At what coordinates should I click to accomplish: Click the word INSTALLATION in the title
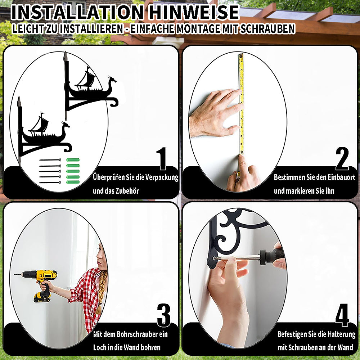coord(77,12)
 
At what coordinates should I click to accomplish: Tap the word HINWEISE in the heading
coord(194,12)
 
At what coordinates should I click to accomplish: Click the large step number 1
coord(162,159)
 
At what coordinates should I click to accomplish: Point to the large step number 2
coord(342,158)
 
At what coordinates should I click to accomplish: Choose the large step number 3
coord(164,315)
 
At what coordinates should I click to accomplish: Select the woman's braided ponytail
coord(101,292)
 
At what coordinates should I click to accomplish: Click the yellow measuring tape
coord(241,104)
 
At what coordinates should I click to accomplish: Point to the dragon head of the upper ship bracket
coord(112,80)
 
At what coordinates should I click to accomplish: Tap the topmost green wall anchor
coord(73,160)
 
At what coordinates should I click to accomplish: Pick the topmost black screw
coord(50,160)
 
